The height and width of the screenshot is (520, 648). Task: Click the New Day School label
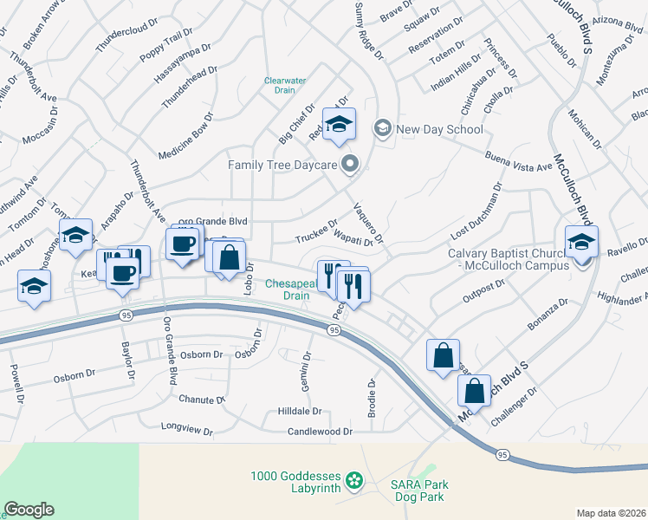pos(439,130)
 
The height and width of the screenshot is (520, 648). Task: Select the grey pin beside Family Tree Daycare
pos(350,164)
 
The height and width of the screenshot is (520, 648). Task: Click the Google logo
pos(29,510)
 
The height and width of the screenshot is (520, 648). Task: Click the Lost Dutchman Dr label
pos(476,212)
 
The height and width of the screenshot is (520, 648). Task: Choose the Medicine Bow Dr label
pos(185,136)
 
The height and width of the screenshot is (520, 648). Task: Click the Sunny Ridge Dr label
pos(368,30)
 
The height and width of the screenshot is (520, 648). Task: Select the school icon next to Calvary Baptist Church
pos(581,243)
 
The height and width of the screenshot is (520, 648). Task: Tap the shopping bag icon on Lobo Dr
pos(229,258)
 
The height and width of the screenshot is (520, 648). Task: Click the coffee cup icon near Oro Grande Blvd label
pos(182,244)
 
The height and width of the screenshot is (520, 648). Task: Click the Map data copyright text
pos(611,513)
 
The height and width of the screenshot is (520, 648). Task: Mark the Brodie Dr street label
pos(373,398)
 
